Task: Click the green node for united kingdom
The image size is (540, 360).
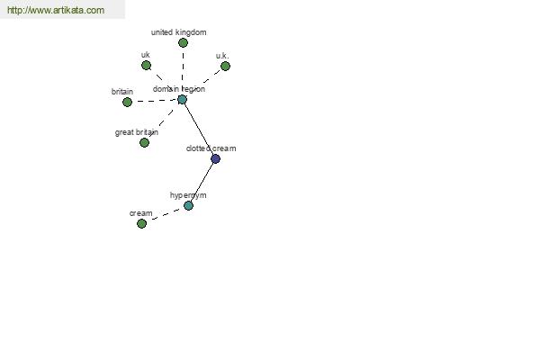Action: (x=183, y=42)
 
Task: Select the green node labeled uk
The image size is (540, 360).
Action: (x=146, y=65)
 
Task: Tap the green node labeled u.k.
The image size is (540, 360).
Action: (x=225, y=66)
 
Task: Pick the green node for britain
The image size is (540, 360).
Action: (x=127, y=102)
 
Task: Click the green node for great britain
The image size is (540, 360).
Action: (x=144, y=142)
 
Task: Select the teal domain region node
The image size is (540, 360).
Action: (x=182, y=100)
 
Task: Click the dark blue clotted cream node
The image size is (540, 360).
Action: (x=215, y=158)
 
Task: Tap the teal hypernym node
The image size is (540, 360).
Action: (x=188, y=206)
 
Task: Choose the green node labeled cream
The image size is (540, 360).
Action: (x=141, y=223)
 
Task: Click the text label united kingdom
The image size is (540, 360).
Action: (x=179, y=32)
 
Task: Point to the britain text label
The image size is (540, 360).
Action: (x=122, y=92)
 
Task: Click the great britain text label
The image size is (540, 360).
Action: (x=137, y=132)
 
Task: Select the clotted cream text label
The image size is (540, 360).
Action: (x=211, y=148)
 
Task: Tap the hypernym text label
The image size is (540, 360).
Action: (x=188, y=195)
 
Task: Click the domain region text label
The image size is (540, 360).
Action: (x=179, y=89)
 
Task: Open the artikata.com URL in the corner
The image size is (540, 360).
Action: (x=56, y=10)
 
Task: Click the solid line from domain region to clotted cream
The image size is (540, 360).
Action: (x=199, y=130)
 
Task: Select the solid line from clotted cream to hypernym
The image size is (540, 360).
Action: (x=202, y=182)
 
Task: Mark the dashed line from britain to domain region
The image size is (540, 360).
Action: (x=155, y=101)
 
